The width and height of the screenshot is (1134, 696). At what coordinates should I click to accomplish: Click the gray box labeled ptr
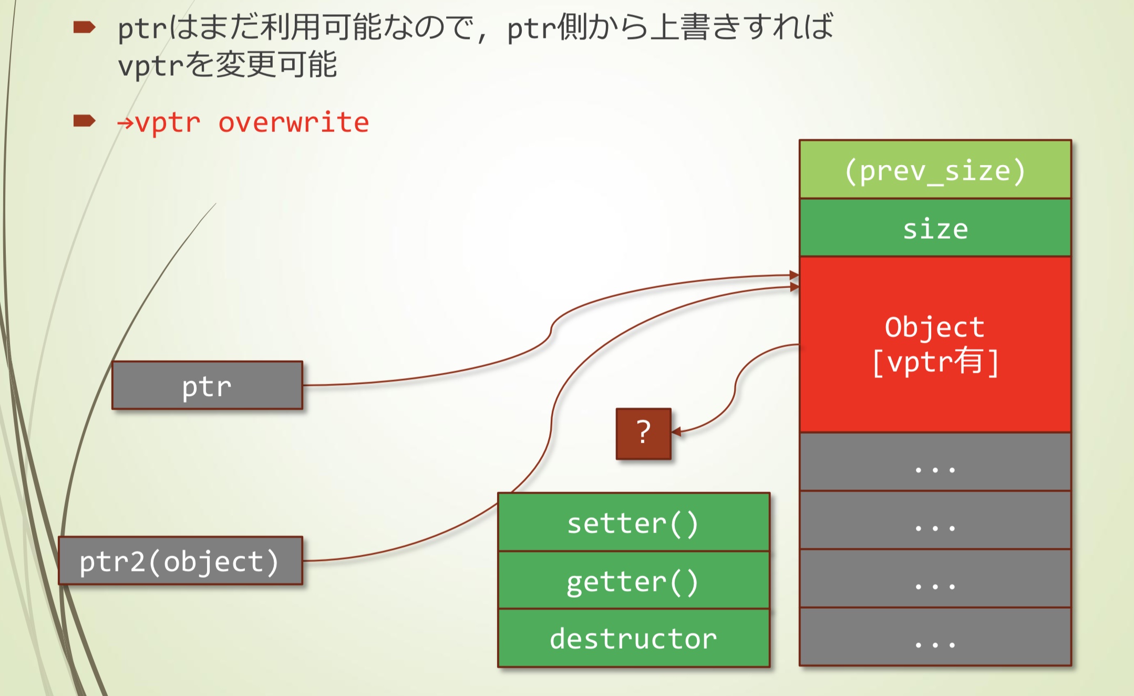[x=207, y=385]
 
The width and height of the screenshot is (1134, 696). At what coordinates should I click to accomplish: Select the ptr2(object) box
[x=180, y=561]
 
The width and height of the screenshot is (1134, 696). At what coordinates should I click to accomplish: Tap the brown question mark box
[x=643, y=434]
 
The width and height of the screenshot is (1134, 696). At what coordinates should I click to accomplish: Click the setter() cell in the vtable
[x=633, y=523]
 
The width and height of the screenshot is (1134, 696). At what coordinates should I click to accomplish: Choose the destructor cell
[x=633, y=638]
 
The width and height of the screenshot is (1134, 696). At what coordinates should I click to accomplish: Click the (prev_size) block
[x=935, y=170]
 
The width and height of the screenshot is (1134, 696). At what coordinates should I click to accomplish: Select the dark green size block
[x=935, y=228]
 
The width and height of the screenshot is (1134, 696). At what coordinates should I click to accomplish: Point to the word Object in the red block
[x=934, y=327]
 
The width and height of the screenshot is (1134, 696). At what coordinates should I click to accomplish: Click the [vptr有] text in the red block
[x=935, y=362]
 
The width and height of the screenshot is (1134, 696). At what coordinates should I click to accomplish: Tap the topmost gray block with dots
[x=935, y=463]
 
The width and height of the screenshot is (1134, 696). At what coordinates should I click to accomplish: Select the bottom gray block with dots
[x=935, y=637]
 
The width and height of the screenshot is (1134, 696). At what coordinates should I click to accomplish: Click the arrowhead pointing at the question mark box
[x=677, y=432]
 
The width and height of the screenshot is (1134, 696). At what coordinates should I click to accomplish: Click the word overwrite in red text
[x=293, y=122]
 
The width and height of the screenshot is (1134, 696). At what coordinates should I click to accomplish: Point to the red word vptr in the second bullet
[x=168, y=122]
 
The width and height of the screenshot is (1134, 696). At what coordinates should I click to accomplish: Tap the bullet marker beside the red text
[x=84, y=121]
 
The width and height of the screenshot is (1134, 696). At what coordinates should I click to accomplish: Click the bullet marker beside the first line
[x=84, y=27]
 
